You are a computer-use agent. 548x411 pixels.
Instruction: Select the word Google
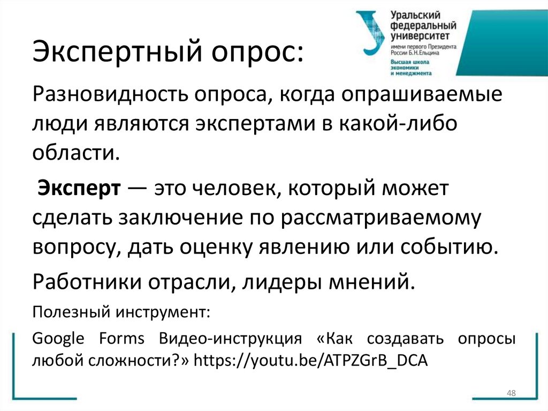(58, 339)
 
